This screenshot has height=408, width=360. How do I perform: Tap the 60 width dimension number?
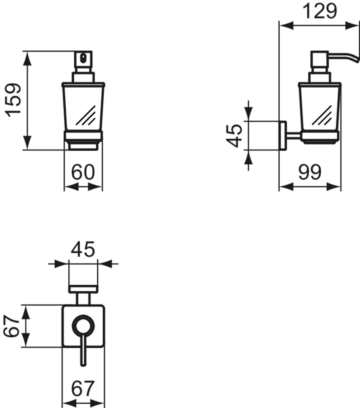[x=83, y=172]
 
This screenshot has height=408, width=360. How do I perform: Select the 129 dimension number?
[x=319, y=11]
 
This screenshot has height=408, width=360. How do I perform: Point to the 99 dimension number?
[x=310, y=172]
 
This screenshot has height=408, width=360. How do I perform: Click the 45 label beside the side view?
[x=234, y=136]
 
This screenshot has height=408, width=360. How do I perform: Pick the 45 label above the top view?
[x=83, y=249]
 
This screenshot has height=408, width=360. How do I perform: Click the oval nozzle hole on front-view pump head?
[x=83, y=58]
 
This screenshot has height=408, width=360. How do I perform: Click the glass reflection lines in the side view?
[x=322, y=115]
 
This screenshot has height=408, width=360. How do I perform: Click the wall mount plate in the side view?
[x=283, y=136]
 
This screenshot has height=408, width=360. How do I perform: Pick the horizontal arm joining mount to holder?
[x=293, y=136]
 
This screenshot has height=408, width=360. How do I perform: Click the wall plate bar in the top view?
[x=83, y=289]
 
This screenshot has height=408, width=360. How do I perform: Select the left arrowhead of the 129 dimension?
[x=286, y=25]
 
